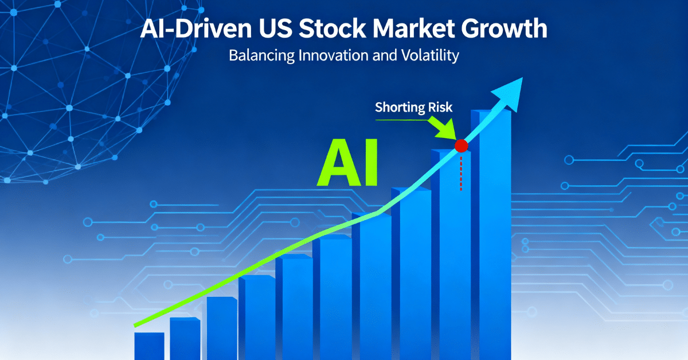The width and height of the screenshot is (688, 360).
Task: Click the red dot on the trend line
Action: click(x=461, y=146)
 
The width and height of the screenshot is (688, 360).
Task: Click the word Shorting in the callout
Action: click(x=397, y=107)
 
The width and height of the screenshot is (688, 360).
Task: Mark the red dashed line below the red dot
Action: click(x=461, y=172)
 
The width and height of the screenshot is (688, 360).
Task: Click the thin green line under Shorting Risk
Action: click(x=401, y=119)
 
